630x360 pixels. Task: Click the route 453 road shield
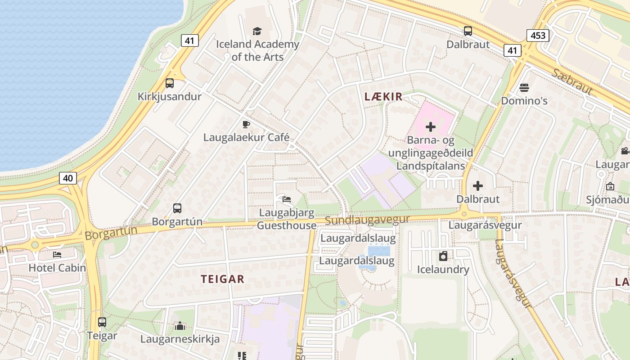coord(538,36)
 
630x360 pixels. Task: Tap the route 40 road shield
coord(67,178)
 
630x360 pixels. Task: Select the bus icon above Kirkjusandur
coord(170,83)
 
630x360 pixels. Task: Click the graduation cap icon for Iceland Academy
coord(257,31)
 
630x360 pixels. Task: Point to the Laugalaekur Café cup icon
coord(246,124)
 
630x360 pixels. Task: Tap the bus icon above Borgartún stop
coord(177,208)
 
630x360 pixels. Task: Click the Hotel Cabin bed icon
coord(57,255)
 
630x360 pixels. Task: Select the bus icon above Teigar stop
coord(102,322)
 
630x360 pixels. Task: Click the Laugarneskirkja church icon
coord(180,326)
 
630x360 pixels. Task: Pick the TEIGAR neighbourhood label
coord(223,279)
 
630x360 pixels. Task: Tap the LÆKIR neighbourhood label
coord(383,97)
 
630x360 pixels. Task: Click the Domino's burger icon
coord(524,87)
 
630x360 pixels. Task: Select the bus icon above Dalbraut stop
coord(468,31)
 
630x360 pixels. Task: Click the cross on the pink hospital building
coord(431,127)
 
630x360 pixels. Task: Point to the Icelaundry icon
coord(443,256)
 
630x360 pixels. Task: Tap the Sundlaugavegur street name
coord(367,220)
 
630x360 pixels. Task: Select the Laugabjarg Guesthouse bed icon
coord(286,199)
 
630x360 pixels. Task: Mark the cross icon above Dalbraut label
coord(478,185)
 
